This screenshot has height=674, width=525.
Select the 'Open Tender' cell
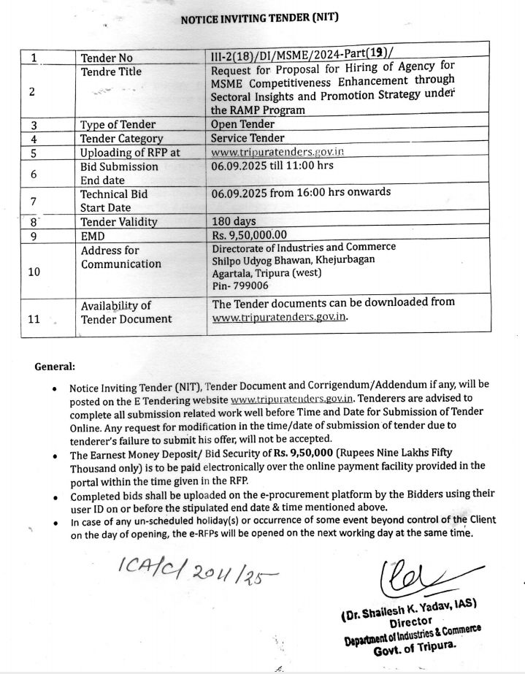tap(242, 124)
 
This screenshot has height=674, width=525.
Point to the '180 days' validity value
tap(234, 221)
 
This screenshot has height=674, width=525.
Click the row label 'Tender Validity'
tap(118, 222)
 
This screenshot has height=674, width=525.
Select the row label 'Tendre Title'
tap(111, 72)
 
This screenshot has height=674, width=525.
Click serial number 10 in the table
tap(34, 272)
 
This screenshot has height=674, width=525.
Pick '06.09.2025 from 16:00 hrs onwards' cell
tap(301, 192)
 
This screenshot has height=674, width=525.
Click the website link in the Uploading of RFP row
tap(277, 153)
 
